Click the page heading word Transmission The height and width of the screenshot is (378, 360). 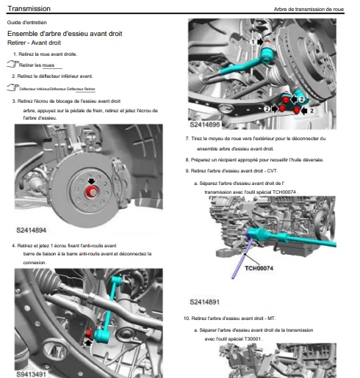click(x=29, y=9)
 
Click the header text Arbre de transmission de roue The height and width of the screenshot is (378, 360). click(x=309, y=10)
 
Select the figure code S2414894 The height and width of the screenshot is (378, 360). click(x=31, y=230)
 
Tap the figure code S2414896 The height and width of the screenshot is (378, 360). click(x=205, y=125)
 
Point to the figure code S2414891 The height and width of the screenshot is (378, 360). click(x=205, y=302)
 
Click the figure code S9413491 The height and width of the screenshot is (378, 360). click(x=31, y=374)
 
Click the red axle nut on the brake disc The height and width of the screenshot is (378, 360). click(x=92, y=192)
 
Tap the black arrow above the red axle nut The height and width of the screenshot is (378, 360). click(x=91, y=181)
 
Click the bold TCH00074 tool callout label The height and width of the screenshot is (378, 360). click(x=259, y=268)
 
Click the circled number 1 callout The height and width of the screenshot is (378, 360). click(x=253, y=42)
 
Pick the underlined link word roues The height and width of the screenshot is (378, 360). click(x=48, y=65)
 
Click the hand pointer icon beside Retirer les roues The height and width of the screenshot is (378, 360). click(x=12, y=64)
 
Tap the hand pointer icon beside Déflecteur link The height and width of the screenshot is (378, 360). click(x=12, y=87)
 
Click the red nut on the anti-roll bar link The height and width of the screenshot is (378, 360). click(x=88, y=333)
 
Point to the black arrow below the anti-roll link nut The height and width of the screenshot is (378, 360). click(x=88, y=342)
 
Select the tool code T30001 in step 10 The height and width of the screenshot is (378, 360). click(x=253, y=339)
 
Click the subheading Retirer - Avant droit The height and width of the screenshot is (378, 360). click(x=34, y=43)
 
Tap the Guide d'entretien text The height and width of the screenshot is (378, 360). click(x=27, y=23)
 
